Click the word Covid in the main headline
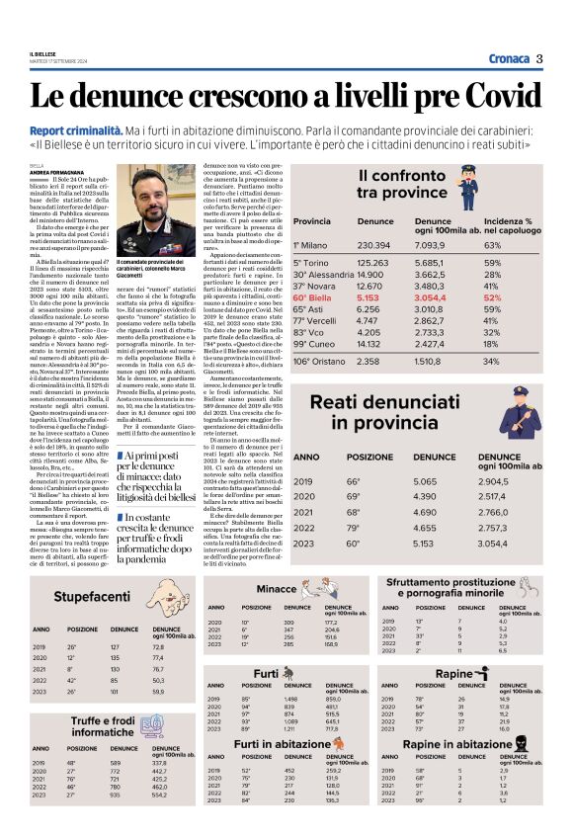pos(491,96)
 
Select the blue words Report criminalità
pos(104,129)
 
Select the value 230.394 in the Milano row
pos(373,244)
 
